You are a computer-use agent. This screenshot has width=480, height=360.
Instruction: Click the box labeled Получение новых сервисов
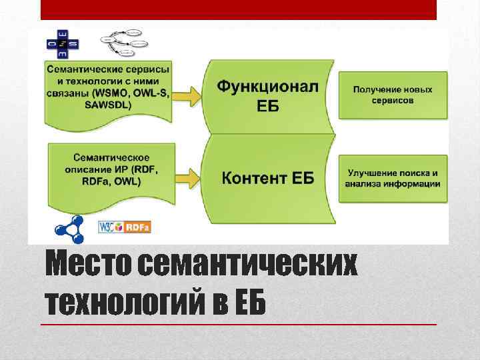[393, 95]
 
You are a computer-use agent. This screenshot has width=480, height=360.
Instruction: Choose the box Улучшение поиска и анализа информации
[393, 178]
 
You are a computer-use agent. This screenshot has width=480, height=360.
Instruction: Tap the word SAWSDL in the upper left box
[109, 105]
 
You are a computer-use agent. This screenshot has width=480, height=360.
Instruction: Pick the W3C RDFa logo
[124, 227]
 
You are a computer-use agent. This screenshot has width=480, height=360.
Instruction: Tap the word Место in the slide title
[89, 267]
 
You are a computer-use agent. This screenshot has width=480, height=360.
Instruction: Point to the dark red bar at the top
[238, 9]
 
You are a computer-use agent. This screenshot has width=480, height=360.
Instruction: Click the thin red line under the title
[238, 324]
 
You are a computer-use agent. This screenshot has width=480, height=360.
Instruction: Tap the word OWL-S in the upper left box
[151, 93]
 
